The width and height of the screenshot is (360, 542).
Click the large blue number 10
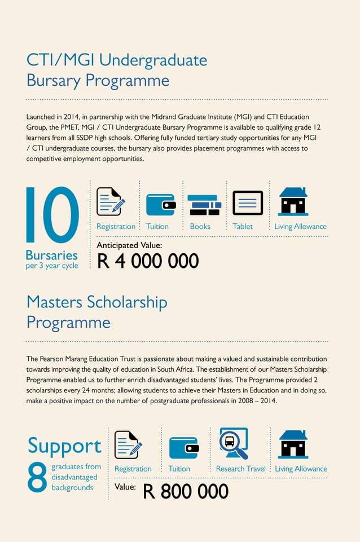tap(52, 215)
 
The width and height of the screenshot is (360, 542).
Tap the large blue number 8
tap(37, 478)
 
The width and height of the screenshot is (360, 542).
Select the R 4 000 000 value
tap(148, 261)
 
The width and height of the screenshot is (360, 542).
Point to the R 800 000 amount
tap(186, 491)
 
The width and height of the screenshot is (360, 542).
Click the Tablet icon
tap(248, 203)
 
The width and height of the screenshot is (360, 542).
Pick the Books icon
tap(204, 205)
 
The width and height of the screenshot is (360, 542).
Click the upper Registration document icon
tap(110, 201)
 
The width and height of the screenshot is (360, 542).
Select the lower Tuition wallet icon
tap(183, 448)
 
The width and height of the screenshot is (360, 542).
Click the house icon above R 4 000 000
tap(293, 201)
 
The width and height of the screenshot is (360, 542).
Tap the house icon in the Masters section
tap(293, 444)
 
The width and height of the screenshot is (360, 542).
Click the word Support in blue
tap(64, 446)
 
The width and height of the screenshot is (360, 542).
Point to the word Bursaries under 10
tap(52, 255)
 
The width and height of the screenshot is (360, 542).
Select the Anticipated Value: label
tap(129, 245)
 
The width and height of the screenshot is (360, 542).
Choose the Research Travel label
tap(240, 469)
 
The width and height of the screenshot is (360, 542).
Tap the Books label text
tap(200, 227)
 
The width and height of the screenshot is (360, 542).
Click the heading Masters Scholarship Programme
tap(96, 312)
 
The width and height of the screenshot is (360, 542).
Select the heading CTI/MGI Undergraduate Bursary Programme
tap(116, 69)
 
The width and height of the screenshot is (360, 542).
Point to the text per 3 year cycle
tap(52, 266)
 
